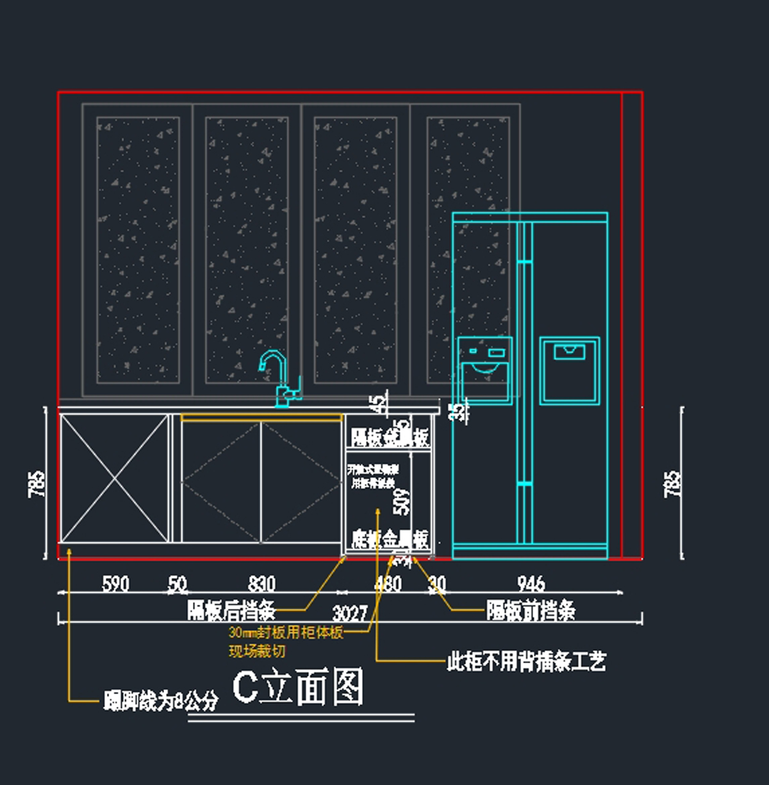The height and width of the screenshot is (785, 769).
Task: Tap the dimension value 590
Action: [x=115, y=584]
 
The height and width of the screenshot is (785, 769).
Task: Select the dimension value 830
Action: [x=261, y=584]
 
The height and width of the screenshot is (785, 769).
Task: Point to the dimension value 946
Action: [x=531, y=584]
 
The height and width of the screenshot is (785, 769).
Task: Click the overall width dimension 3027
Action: [x=350, y=613]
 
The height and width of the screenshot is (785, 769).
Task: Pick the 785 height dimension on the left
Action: [x=37, y=484]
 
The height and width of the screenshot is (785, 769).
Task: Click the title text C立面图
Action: [x=298, y=687]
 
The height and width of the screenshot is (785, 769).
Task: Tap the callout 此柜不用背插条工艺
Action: [x=526, y=661]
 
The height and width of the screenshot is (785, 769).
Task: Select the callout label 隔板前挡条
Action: [x=531, y=611]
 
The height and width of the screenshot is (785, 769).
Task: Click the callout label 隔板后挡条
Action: [x=231, y=611]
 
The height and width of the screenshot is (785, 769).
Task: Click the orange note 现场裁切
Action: [x=257, y=652]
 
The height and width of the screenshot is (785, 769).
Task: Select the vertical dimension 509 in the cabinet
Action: [x=401, y=502]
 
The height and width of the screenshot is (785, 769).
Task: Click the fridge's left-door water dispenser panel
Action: [x=484, y=370]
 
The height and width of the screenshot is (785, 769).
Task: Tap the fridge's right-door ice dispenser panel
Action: [x=569, y=370]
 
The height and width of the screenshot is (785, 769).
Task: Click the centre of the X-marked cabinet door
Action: [x=115, y=479]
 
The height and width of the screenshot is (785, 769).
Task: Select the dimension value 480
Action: [x=388, y=584]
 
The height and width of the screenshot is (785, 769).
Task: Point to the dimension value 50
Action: [x=178, y=584]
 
